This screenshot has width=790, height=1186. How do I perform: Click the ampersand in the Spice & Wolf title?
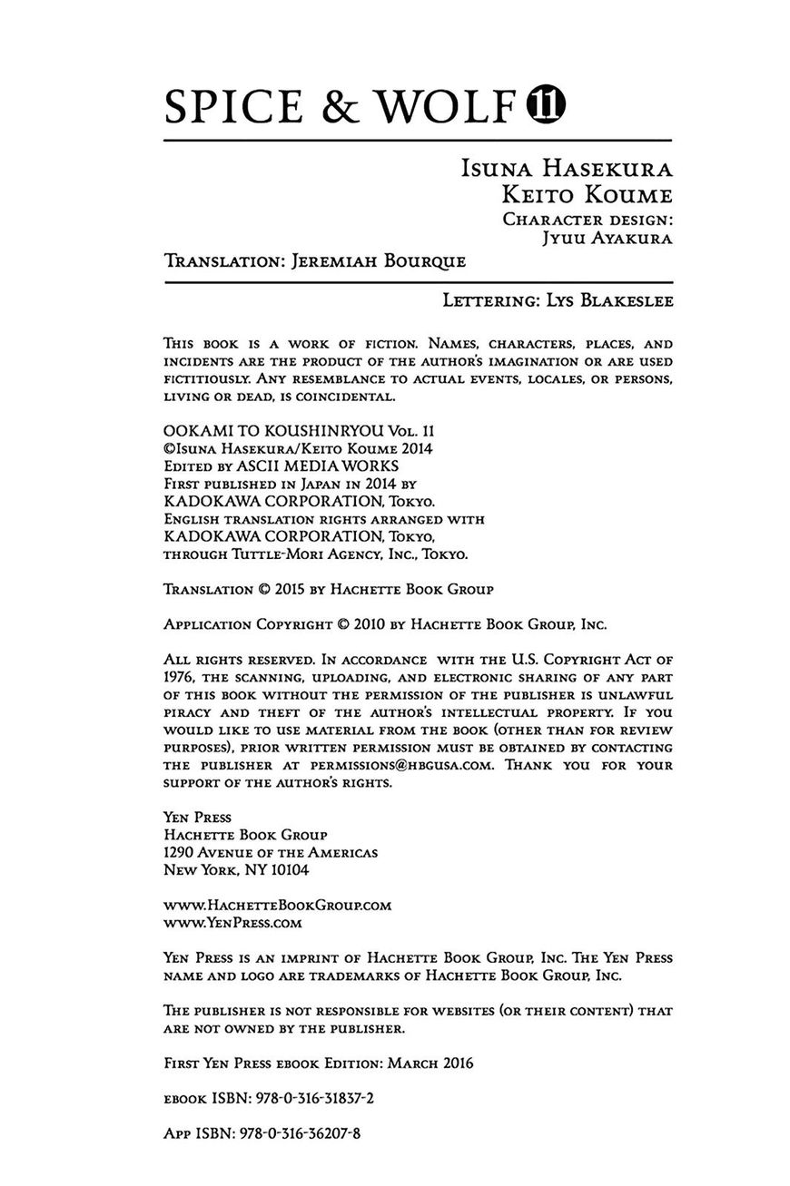[x=343, y=107]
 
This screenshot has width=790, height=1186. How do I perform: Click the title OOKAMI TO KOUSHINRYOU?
[x=267, y=431]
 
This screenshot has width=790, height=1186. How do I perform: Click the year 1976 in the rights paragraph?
[x=179, y=677]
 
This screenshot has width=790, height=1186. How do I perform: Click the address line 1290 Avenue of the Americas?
[x=271, y=852]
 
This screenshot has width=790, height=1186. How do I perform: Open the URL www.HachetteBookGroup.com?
[x=277, y=905]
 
